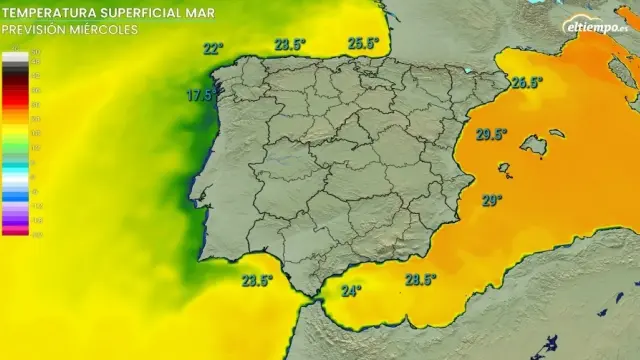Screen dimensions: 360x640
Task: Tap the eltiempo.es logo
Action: pos(596,26)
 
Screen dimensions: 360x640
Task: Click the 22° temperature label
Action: pos(212,48)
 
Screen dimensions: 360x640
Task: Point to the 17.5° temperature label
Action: pos(200,96)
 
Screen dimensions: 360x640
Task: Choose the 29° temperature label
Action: pos(491,200)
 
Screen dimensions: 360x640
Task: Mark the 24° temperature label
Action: pos(351,291)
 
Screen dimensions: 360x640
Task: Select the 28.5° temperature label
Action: pos(420,280)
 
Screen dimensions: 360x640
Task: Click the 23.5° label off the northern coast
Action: pos(290,44)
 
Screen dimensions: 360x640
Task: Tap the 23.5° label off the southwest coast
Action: pos(257,280)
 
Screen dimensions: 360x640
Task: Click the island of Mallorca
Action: pos(534,147)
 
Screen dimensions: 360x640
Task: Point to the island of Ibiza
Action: pos(504,170)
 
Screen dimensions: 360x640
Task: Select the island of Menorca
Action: pos(556,133)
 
